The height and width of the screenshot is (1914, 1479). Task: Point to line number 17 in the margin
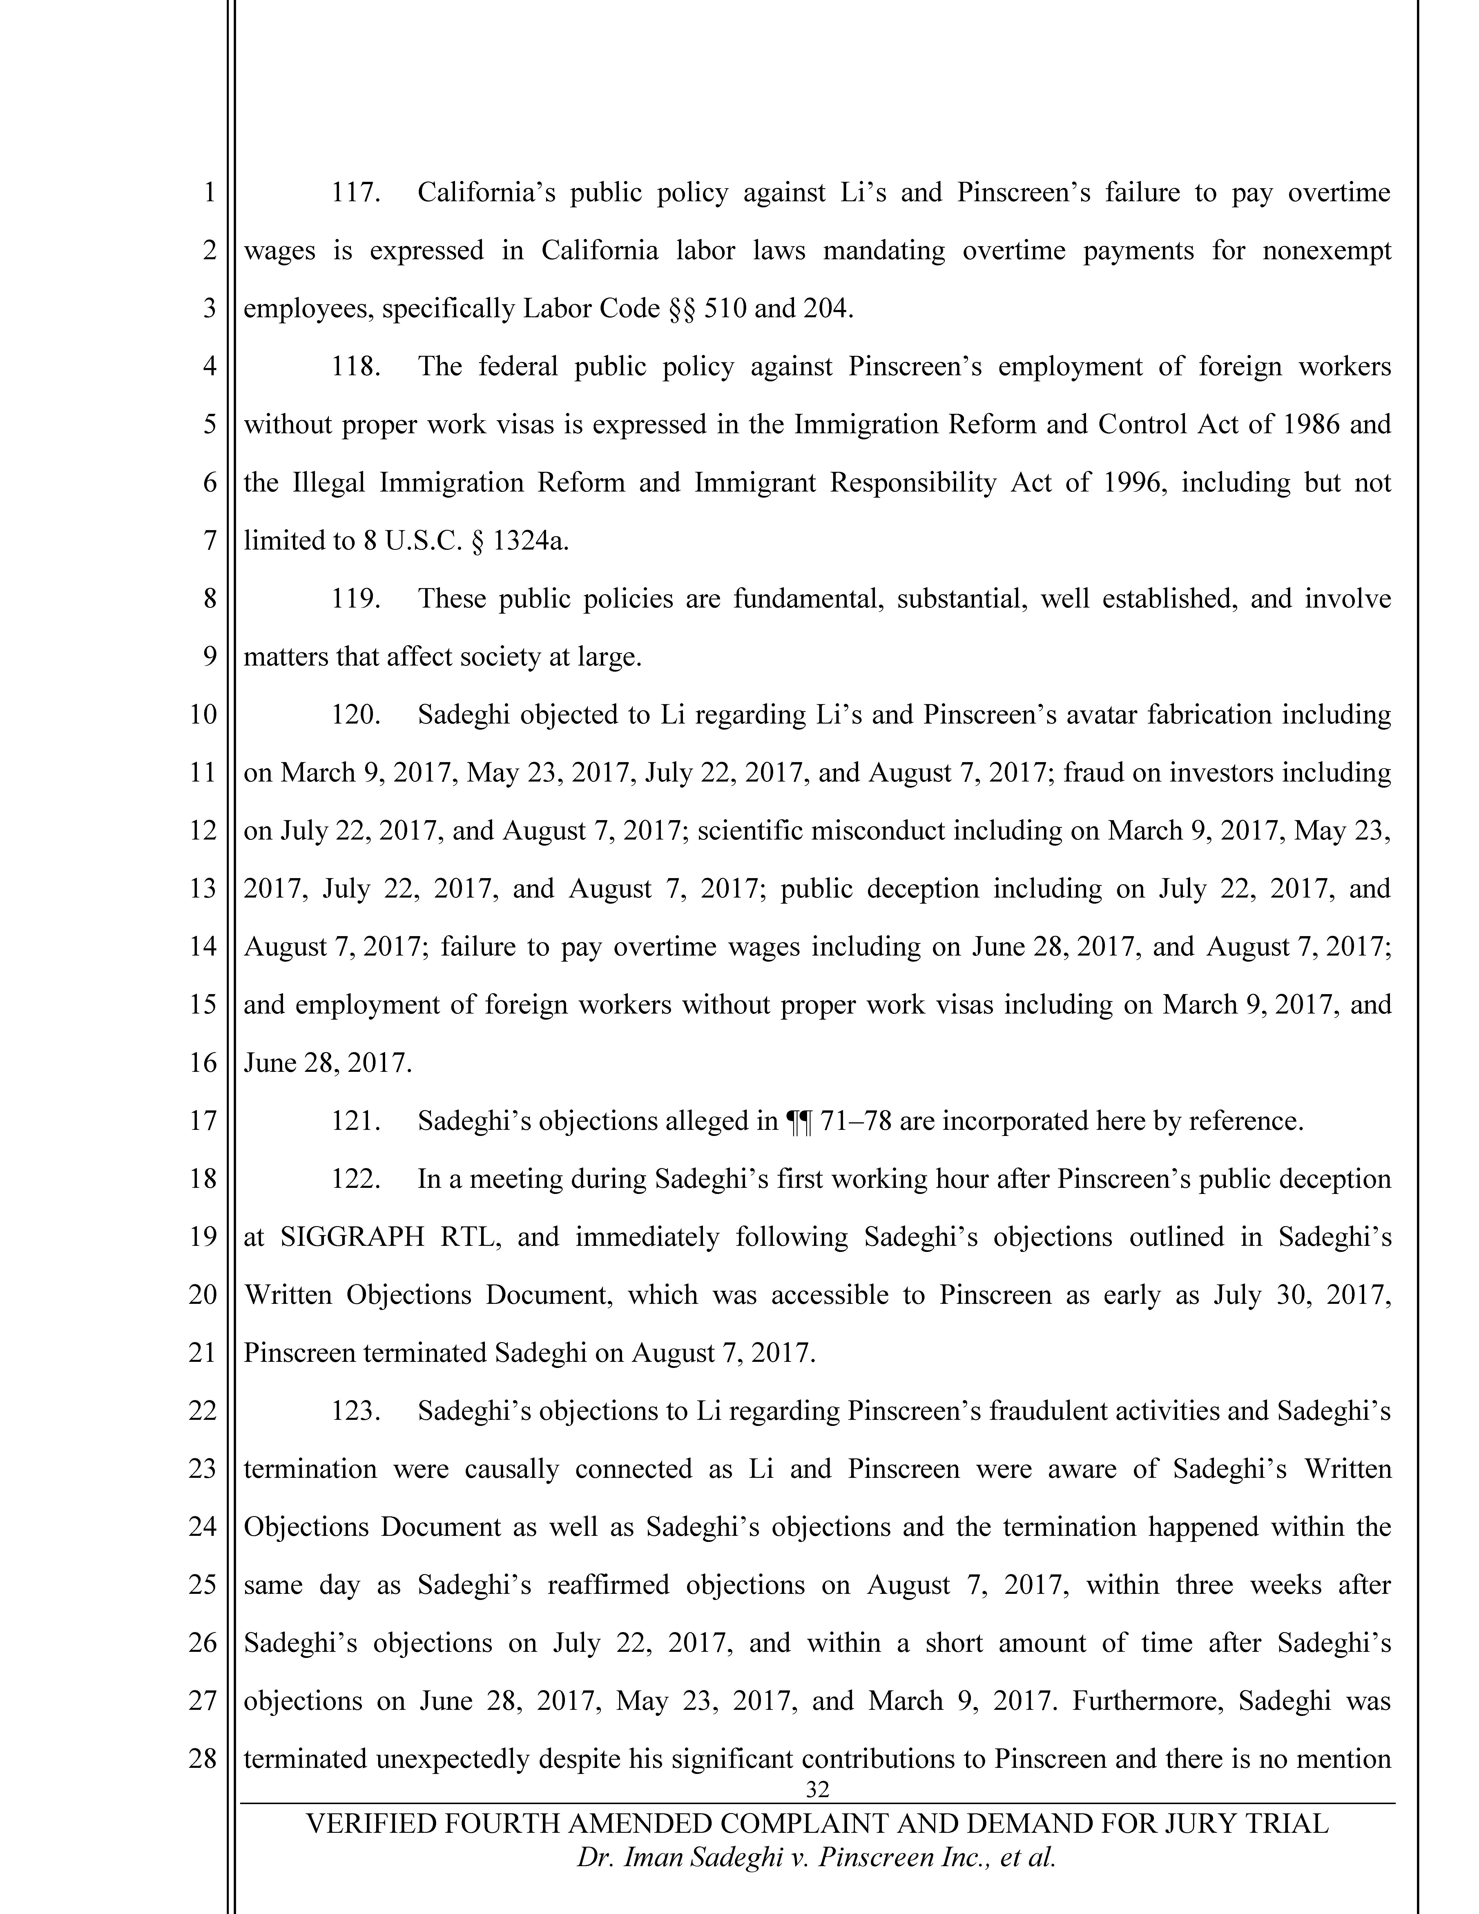point(202,1121)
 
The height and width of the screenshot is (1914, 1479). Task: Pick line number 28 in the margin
point(202,1759)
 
